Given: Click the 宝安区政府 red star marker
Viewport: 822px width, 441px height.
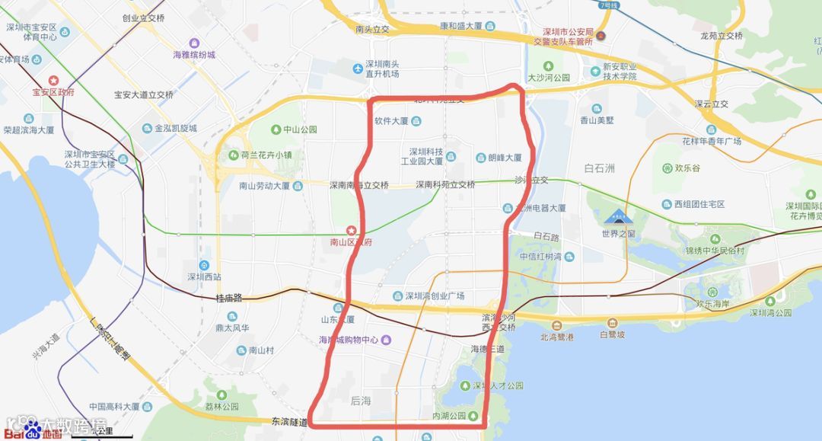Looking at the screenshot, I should (x=54, y=79).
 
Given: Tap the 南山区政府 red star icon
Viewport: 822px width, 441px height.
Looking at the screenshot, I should (x=351, y=229).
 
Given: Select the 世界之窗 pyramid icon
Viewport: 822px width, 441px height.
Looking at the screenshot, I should (x=618, y=218).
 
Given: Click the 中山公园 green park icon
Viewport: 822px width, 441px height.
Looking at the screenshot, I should (x=276, y=129).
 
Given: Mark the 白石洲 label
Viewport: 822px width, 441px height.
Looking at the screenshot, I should (x=599, y=168).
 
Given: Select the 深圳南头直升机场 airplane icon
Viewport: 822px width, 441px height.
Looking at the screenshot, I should (x=358, y=69).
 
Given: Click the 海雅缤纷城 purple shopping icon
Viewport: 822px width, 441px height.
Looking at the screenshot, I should (x=195, y=43).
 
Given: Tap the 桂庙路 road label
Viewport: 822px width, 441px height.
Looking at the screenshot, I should (x=228, y=298).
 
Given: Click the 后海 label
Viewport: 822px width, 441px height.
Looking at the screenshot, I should (x=361, y=400).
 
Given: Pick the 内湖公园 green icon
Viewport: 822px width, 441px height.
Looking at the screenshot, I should (x=473, y=415).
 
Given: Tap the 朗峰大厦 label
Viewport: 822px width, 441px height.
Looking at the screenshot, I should (x=505, y=158).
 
